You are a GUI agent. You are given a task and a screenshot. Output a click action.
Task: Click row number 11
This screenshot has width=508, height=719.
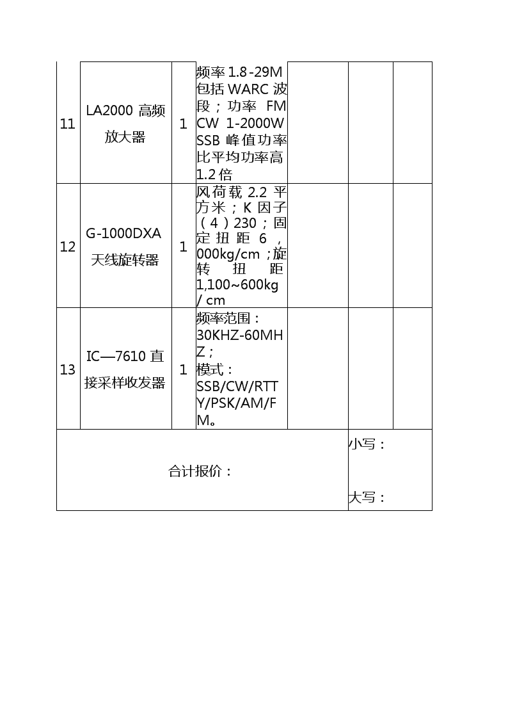[x=67, y=124]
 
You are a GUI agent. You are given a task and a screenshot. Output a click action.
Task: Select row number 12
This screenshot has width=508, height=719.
[x=67, y=246]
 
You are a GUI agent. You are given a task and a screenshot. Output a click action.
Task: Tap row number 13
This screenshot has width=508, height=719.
[x=67, y=369]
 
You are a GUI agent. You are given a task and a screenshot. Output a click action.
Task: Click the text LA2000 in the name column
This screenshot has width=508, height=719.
[x=109, y=111]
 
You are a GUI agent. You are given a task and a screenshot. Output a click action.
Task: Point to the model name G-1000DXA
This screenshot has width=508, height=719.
[x=123, y=234]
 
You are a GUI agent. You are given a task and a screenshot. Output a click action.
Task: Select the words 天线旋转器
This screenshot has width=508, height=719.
[x=125, y=260]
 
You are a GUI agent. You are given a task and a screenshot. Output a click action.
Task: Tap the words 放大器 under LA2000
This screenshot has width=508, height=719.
[x=125, y=136]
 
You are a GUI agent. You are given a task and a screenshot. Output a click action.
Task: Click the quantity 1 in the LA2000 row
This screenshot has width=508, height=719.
[x=183, y=124]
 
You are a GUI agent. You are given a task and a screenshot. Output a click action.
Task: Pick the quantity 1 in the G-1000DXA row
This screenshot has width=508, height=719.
[x=183, y=246]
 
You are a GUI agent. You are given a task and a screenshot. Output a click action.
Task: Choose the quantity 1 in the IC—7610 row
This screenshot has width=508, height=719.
[x=183, y=369]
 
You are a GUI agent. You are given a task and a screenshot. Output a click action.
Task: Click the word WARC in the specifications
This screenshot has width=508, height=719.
[x=248, y=88]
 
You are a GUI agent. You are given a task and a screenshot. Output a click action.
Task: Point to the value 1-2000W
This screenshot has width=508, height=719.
[x=255, y=123]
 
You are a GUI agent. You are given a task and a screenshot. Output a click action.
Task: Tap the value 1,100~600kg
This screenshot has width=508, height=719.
[x=237, y=285]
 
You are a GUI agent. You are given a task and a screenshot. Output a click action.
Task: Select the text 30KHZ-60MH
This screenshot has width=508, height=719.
[x=239, y=335]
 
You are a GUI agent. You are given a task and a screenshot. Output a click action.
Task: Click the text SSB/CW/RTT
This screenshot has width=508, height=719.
[x=237, y=387]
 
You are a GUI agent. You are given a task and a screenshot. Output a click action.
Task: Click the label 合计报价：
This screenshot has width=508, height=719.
[x=200, y=471]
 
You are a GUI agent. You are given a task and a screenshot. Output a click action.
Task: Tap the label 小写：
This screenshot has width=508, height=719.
[x=367, y=444]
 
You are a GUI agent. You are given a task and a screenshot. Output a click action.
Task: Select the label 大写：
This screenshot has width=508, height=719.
[x=367, y=497]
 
